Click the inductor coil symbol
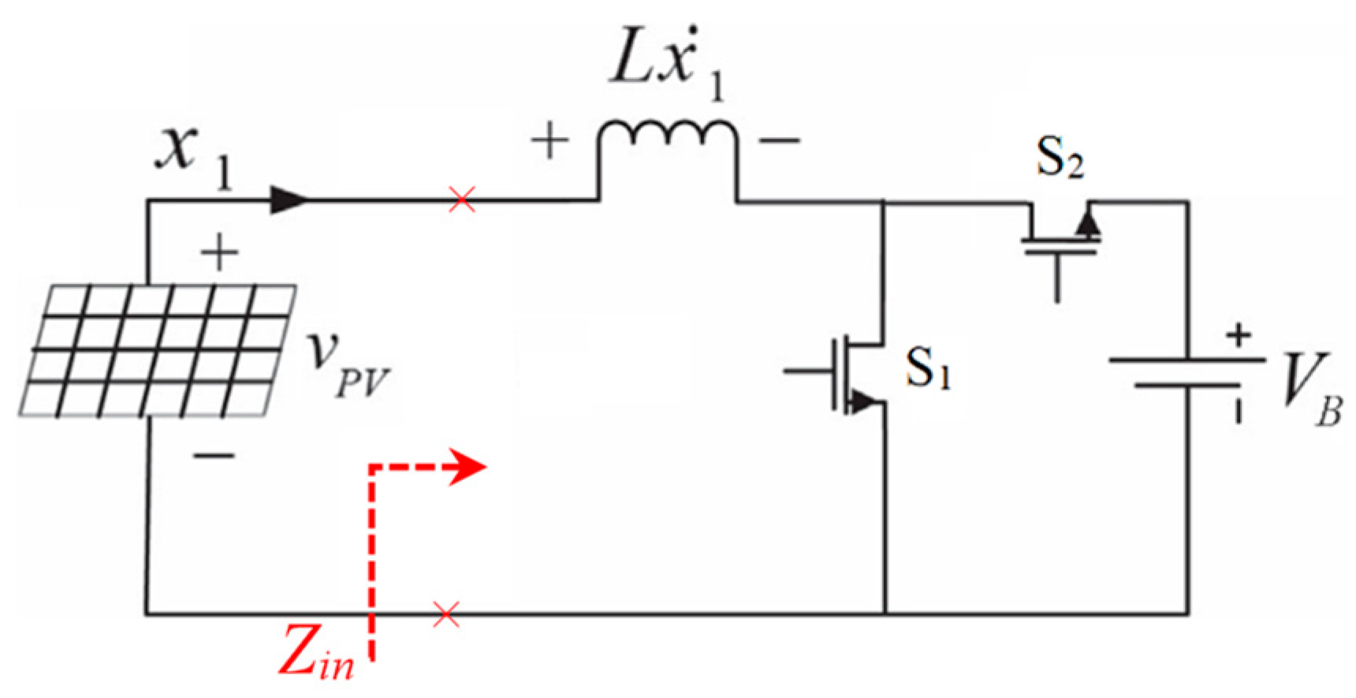[x=668, y=134]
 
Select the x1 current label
[x=194, y=158]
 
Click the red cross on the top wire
[x=462, y=200]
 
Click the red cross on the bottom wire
[x=446, y=614]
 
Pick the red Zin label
[x=316, y=651]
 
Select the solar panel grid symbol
[x=158, y=350]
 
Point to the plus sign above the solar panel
[x=219, y=253]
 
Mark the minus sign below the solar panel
[x=214, y=455]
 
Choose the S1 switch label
[x=928, y=368]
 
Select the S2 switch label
[x=1060, y=158]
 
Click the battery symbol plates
[x=1186, y=372]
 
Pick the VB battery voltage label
[x=1309, y=386]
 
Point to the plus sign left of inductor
[x=549, y=142]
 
